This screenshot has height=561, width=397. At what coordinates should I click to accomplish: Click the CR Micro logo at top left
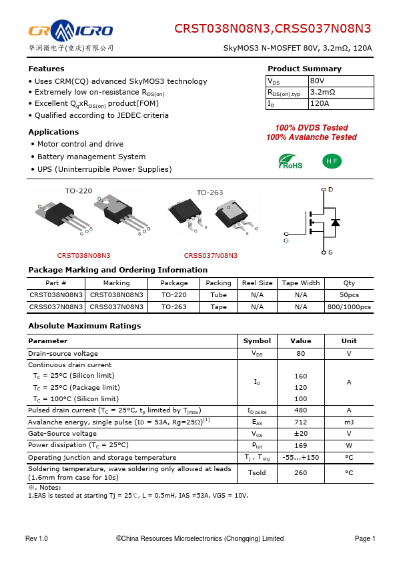[70, 31]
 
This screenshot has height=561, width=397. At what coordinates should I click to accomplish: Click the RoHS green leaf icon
[290, 161]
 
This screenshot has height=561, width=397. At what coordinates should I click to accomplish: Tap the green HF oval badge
[332, 161]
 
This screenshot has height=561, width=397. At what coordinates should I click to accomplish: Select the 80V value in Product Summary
[318, 81]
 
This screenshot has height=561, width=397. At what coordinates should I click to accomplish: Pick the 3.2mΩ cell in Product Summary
[323, 92]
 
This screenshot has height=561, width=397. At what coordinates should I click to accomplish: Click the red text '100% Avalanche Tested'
[311, 137]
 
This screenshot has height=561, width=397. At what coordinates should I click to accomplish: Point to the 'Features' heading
[46, 69]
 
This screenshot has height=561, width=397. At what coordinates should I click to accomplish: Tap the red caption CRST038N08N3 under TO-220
[83, 255]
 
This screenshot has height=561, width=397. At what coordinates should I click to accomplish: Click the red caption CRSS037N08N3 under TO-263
[210, 255]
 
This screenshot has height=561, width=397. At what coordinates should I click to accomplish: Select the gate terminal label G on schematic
[286, 241]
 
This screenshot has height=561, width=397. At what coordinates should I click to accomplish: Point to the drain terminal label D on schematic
[330, 190]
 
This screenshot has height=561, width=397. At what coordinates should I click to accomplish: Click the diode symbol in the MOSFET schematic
[335, 222]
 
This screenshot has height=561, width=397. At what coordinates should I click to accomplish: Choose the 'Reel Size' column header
[257, 282]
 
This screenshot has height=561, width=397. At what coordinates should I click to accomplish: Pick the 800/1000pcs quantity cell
[349, 307]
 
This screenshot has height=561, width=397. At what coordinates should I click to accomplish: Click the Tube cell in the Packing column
[218, 294]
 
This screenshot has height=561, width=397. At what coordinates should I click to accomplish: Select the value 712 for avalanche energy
[300, 422]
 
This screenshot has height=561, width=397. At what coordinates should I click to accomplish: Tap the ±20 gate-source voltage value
[300, 433]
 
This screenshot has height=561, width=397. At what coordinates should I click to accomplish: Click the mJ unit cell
[349, 422]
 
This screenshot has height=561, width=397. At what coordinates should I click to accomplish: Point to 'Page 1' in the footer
[365, 538]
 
